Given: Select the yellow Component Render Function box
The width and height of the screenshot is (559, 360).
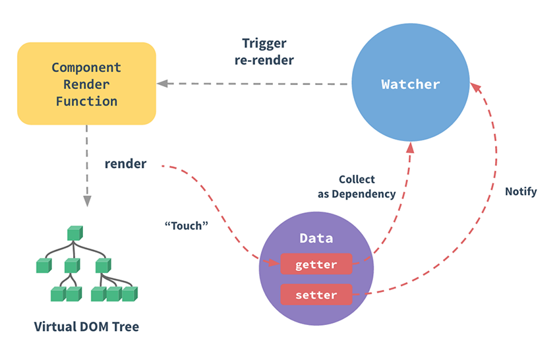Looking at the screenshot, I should pos(86,84).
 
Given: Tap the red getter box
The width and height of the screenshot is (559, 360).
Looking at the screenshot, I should pos(316,265).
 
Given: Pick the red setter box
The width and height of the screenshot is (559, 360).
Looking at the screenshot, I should pos(316,295).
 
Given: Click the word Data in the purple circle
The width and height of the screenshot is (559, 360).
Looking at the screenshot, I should pos(316,238).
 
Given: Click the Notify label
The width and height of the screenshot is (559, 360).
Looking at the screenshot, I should pos(521,192).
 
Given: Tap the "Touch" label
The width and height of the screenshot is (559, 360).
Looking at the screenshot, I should pos(186,225).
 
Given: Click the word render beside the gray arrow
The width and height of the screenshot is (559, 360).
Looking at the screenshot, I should pos(125,164).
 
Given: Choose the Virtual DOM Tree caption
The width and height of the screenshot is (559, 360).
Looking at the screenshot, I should pos(87,326).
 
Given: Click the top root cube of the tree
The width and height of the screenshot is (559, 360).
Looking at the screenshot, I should pos(74,233).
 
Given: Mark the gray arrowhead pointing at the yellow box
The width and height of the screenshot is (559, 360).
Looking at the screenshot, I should pos(162,84).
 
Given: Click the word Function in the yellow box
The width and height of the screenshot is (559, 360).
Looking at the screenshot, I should pos(86,102).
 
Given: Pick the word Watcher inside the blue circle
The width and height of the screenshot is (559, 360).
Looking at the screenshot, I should pos(410,84).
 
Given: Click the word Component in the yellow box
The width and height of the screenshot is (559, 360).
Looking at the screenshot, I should pos(86,67).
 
